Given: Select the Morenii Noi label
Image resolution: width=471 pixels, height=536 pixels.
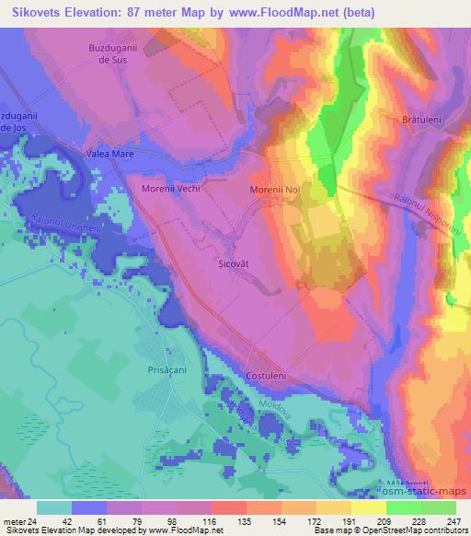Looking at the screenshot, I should click(275, 190).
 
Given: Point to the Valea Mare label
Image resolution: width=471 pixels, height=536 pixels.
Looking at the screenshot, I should click(109, 155).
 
